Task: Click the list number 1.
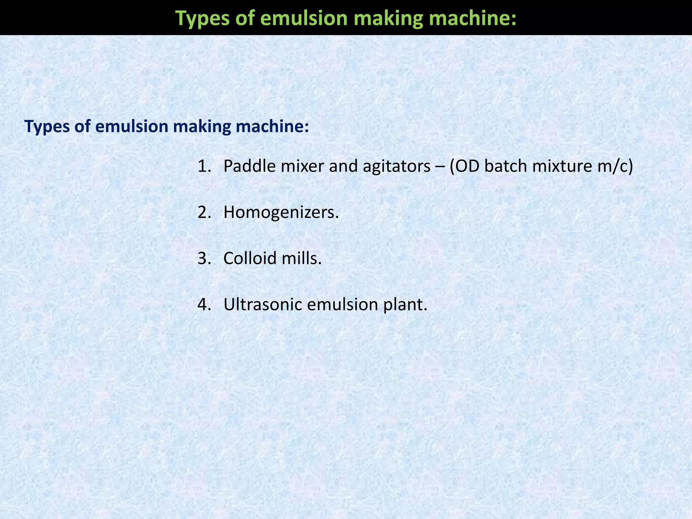[204, 166]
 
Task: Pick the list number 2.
[204, 213]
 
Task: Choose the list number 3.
[204, 258]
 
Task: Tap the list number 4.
[204, 304]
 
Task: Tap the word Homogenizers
[280, 213]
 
